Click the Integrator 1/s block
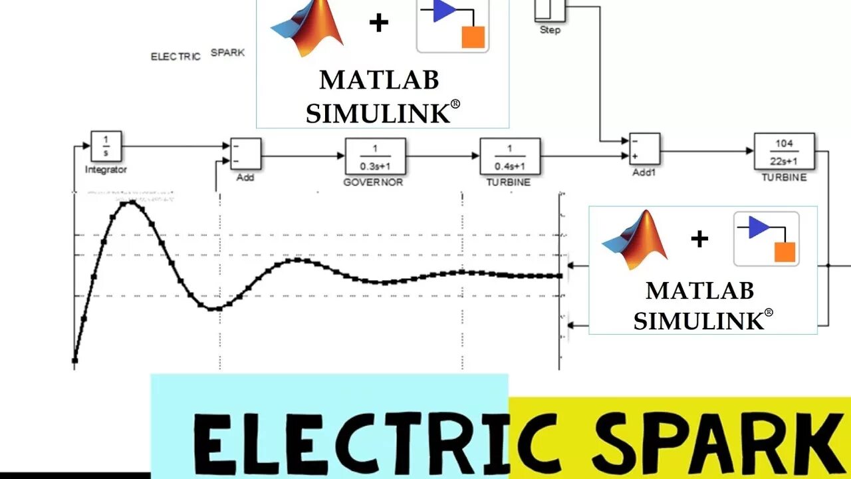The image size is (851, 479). click(106, 146)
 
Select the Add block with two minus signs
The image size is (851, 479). click(245, 154)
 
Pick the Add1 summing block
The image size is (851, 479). click(644, 148)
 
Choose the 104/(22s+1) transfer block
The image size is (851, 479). click(785, 151)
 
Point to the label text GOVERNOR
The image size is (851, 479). click(373, 182)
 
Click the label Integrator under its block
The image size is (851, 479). click(106, 170)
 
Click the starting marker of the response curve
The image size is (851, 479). click(74, 361)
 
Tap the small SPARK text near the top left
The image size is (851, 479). click(227, 53)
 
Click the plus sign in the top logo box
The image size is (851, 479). click(378, 23)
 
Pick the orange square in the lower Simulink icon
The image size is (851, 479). click(785, 252)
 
